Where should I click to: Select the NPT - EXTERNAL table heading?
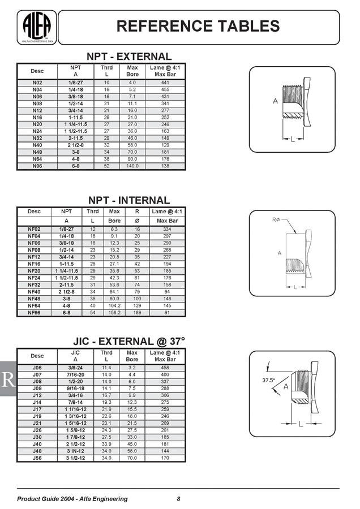tap(128, 57)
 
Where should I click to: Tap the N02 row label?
tap(37, 83)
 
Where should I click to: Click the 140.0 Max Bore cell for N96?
tap(132, 166)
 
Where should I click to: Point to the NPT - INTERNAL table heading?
tap(128, 200)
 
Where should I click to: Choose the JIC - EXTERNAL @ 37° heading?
tap(128, 342)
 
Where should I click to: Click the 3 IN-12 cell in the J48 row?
tap(75, 451)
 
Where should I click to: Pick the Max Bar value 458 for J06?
tap(165, 368)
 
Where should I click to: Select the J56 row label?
tap(37, 458)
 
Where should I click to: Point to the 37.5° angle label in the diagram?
tap(269, 380)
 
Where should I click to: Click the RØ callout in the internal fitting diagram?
tap(277, 219)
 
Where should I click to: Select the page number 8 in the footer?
tap(179, 498)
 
